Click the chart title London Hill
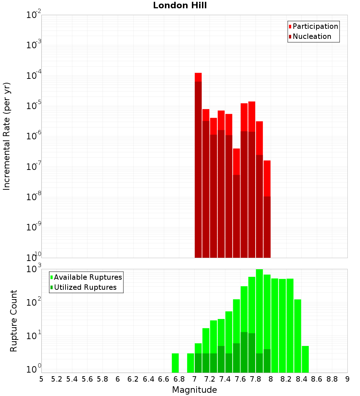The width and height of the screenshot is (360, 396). tap(180, 6)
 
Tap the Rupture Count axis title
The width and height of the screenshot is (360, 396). tap(14, 321)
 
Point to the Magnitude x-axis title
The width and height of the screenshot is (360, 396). tap(194, 390)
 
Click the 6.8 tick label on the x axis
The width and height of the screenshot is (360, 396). tap(179, 379)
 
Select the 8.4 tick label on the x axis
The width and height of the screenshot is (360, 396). tap(301, 379)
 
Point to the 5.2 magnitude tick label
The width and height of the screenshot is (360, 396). tap(57, 379)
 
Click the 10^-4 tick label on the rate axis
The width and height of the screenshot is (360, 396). tap(34, 76)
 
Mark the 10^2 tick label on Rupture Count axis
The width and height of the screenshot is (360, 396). tap(34, 302)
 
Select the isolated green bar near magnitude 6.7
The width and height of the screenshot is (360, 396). tap(175, 363)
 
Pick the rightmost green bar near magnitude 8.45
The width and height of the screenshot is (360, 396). tap(305, 359)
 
